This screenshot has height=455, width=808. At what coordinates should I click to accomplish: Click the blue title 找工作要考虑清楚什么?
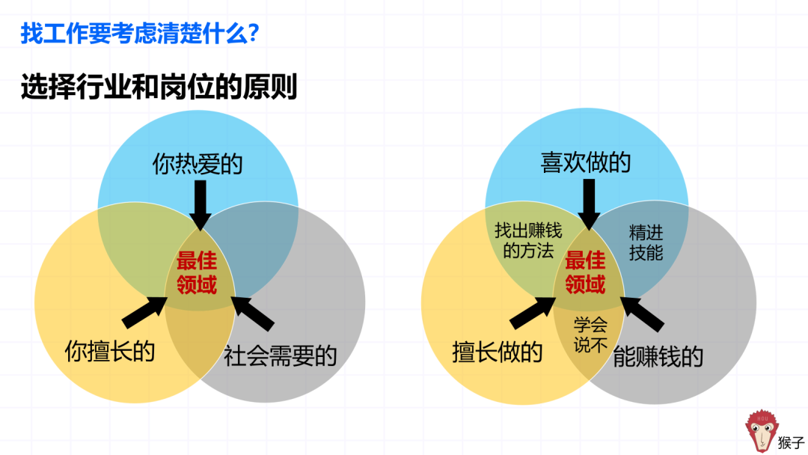[140, 34]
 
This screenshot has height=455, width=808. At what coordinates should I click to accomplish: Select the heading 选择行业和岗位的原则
[159, 88]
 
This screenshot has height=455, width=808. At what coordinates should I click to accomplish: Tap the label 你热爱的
[198, 164]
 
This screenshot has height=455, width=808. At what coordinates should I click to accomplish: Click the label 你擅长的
[110, 349]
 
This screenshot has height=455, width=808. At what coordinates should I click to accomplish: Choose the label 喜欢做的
[586, 162]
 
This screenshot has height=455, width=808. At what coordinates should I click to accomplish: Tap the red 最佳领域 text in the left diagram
[197, 273]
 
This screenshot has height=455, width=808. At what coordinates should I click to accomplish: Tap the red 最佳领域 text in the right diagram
[585, 272]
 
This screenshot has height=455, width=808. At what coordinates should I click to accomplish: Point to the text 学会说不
[590, 335]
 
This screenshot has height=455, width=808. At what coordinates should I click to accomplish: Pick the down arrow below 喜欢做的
[589, 204]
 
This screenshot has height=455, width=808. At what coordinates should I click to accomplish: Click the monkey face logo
[762, 431]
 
